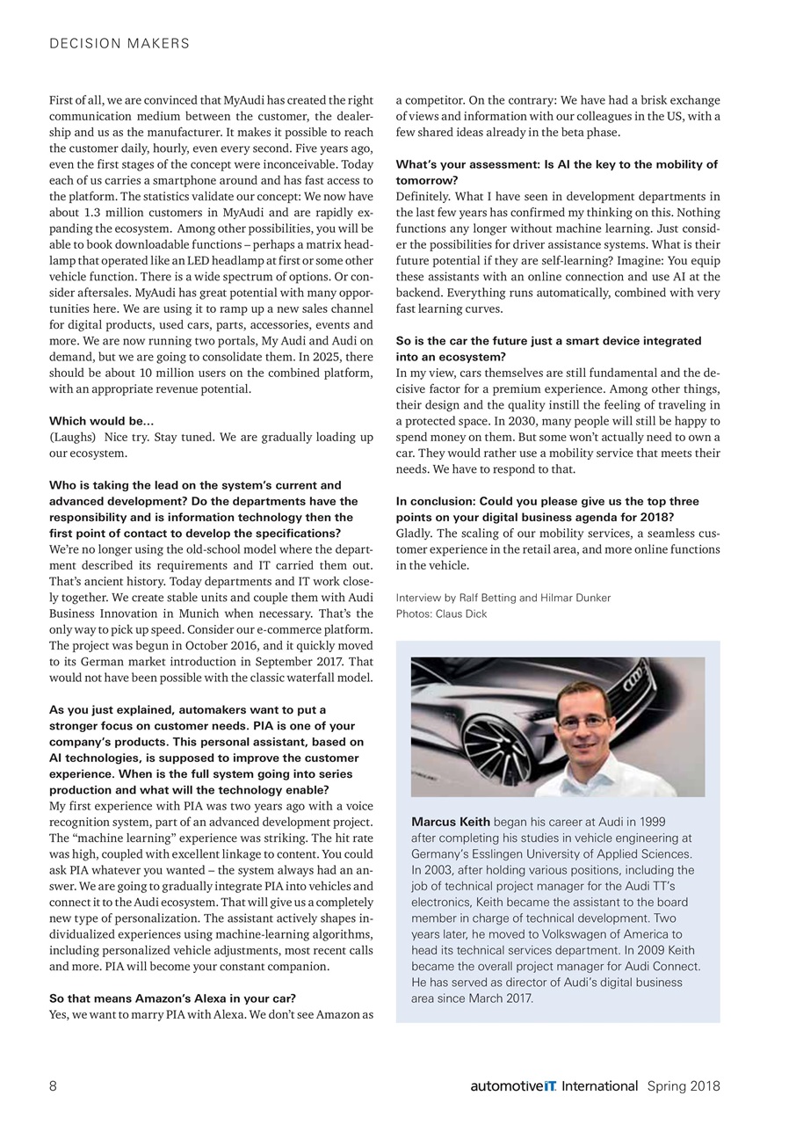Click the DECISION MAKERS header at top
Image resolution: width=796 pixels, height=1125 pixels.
tap(119, 43)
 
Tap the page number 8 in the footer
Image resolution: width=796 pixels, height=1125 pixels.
tap(53, 1085)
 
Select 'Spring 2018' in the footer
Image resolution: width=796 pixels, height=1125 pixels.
tap(684, 1086)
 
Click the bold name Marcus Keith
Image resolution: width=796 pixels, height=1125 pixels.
tap(451, 822)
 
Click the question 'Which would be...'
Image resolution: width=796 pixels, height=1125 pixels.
tap(102, 422)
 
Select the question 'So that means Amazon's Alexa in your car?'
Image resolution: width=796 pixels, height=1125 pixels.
tap(172, 998)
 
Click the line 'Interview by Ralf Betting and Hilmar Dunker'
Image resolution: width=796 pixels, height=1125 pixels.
tap(503, 598)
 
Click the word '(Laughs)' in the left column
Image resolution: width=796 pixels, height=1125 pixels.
tap(72, 438)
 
